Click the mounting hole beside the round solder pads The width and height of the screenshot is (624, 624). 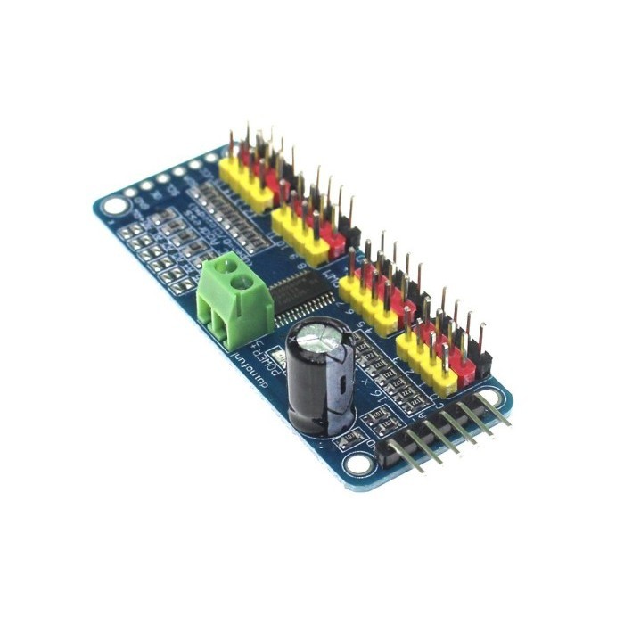tap(114, 207)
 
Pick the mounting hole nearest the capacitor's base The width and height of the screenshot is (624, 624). tap(359, 463)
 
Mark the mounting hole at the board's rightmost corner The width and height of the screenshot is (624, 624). tap(489, 398)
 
